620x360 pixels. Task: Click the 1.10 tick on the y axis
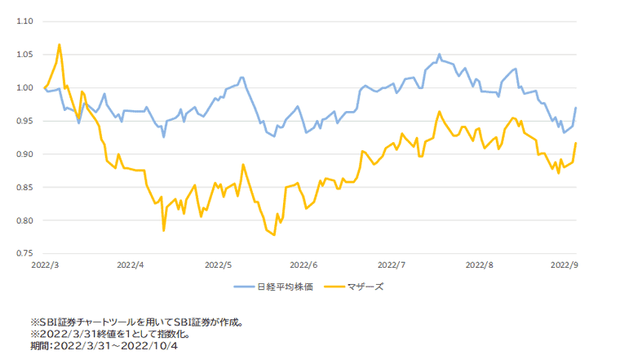[x=22, y=21]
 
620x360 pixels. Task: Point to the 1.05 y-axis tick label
[x=22, y=55]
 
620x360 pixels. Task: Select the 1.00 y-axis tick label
[x=22, y=88]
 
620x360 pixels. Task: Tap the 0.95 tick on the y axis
[x=22, y=121]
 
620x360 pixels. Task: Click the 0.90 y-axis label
[x=22, y=154]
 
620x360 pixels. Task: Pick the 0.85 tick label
[x=22, y=188]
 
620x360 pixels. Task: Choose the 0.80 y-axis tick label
[x=22, y=220]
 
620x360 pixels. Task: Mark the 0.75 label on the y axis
[x=22, y=254]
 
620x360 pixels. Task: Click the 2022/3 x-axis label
[x=44, y=265]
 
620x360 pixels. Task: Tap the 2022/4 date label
[x=131, y=265]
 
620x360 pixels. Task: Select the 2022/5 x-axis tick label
[x=218, y=265]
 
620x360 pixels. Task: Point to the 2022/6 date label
[x=304, y=265]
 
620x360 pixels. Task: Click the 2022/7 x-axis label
[x=392, y=265]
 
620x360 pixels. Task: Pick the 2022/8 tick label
[x=478, y=265]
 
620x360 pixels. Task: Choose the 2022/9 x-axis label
[x=564, y=265]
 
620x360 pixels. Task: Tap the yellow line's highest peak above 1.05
[x=60, y=45]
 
